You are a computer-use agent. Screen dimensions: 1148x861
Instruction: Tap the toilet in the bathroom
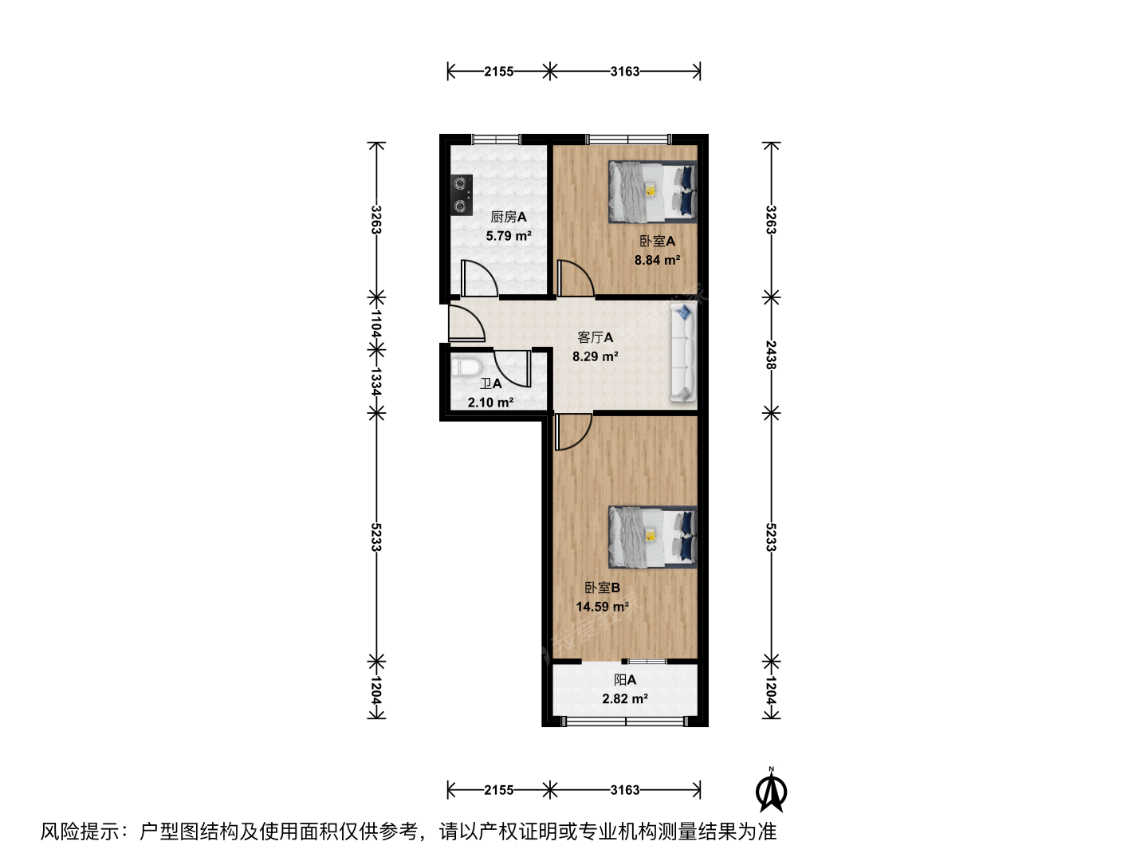pos(466,367)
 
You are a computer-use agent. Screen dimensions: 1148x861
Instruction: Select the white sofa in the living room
pos(683,353)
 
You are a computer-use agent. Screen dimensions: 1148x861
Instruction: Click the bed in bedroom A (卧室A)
pos(652,192)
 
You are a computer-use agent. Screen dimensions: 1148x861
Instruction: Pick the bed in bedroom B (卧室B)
pos(652,537)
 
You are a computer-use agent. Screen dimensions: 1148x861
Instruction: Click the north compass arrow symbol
pos(771,792)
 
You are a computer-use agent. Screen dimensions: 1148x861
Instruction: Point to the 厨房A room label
pos(509,217)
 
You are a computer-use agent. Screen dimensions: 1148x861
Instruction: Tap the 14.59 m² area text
pos(603,607)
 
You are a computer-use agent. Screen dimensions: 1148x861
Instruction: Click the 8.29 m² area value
pos(596,356)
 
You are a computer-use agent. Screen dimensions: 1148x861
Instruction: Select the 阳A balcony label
pos(625,679)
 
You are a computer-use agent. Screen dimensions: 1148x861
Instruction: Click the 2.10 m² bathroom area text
pos(490,402)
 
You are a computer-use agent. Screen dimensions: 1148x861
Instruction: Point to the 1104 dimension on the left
pos(376,324)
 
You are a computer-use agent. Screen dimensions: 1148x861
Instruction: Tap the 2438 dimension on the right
pos(771,355)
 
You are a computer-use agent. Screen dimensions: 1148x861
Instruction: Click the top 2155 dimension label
pos(498,71)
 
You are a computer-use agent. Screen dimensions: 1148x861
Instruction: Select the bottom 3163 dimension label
pos(625,790)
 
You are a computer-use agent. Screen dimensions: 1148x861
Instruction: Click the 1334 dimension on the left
pos(376,381)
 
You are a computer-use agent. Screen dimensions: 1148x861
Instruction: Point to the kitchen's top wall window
pos(497,140)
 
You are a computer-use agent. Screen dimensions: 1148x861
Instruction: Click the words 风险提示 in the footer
pos(80,832)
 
